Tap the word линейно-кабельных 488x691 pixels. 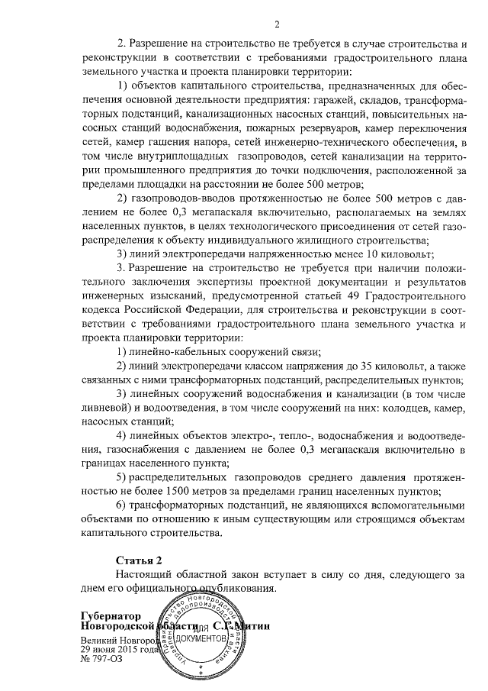tap(174, 352)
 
